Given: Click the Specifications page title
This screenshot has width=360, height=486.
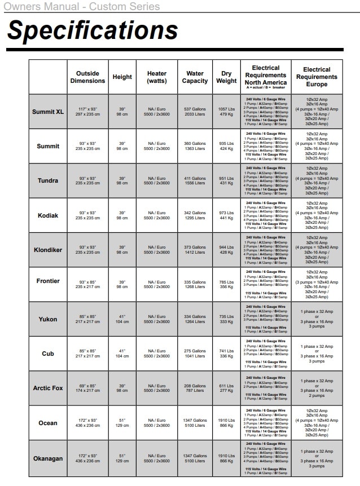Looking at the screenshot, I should tap(93, 30).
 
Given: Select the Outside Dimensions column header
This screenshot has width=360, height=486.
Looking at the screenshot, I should tap(87, 77).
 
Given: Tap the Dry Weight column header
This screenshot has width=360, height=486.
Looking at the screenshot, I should tap(226, 77).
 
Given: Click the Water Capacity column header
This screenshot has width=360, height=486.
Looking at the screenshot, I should tap(195, 77).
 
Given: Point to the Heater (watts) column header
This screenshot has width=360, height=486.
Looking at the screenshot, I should tap(157, 77).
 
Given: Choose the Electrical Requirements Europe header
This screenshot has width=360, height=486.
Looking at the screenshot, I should tap(317, 77).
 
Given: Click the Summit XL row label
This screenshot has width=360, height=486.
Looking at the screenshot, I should tap(48, 112).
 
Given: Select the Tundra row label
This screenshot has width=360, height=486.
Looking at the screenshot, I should tap(48, 181).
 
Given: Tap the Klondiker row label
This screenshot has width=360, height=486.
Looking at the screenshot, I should tap(48, 250).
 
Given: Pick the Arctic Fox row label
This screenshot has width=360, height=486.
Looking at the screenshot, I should tap(48, 388).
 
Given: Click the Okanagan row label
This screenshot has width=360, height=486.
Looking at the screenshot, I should tap(48, 458).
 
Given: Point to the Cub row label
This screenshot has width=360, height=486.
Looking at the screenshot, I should tap(48, 354).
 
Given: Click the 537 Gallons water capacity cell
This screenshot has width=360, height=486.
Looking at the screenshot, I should tap(195, 112).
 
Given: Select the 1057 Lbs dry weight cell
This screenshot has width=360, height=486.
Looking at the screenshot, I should tap(226, 112).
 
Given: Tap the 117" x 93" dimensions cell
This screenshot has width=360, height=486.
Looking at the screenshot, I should tap(87, 112).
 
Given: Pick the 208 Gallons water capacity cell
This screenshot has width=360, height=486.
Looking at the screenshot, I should tap(195, 388).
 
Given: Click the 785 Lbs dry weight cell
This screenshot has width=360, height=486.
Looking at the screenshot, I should tap(226, 284).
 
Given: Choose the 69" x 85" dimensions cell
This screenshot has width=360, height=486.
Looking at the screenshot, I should tap(87, 388).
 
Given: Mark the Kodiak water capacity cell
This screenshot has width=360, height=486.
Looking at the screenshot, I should tap(195, 215).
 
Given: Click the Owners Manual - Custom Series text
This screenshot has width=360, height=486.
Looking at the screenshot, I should tap(82, 7).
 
